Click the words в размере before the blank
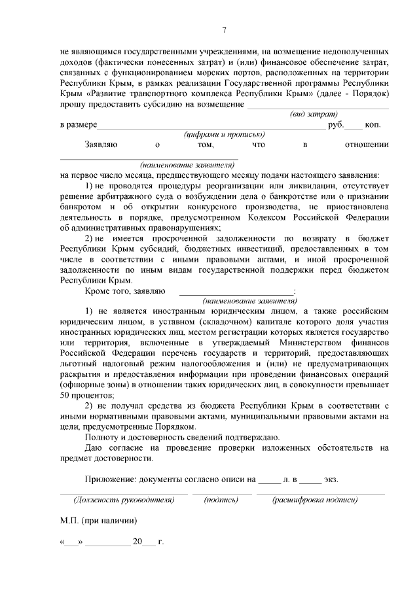(78, 124)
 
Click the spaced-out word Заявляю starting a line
(100, 145)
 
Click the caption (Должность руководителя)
(124, 500)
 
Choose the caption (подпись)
(221, 500)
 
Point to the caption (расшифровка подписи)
(315, 500)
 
